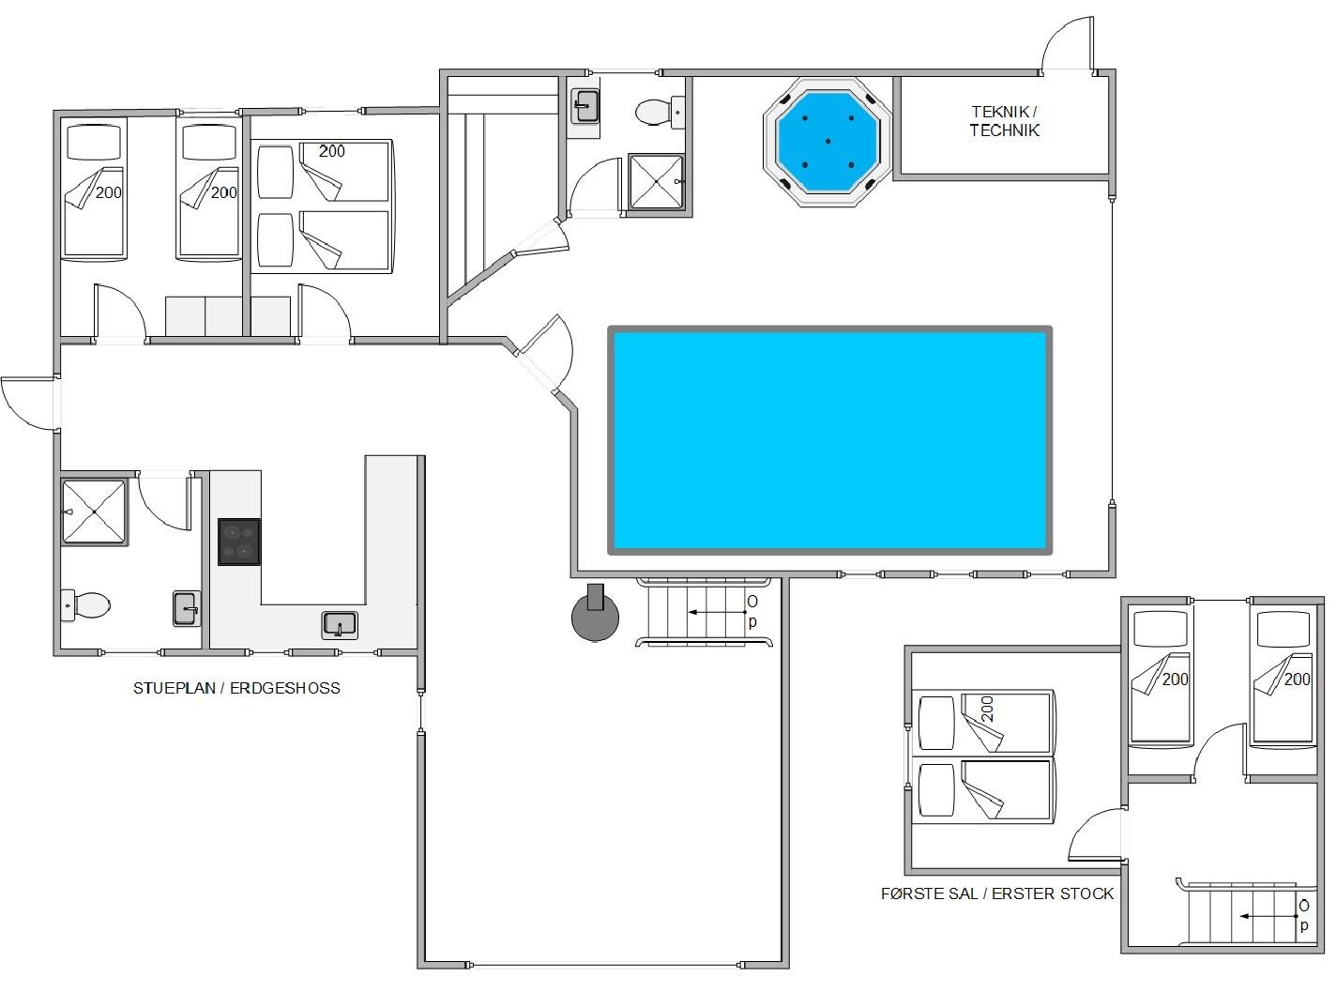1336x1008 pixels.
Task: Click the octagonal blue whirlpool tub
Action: point(827,142)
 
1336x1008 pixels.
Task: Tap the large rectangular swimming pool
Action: point(829,440)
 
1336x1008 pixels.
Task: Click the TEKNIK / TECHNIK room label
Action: point(1004,121)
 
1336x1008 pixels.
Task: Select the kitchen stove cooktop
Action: point(239,542)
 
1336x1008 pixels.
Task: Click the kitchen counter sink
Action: point(340,625)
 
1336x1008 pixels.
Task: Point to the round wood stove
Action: point(595,614)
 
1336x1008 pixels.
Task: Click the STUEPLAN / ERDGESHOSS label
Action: point(236,688)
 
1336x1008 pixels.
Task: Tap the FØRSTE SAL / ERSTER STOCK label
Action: point(997,893)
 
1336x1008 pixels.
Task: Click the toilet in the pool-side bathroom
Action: point(660,112)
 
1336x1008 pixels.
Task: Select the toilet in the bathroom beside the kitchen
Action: point(85,605)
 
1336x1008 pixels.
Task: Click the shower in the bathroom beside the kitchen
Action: point(95,512)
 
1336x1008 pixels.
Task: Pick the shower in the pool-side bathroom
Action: point(656,182)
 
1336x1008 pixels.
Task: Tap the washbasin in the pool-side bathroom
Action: point(584,106)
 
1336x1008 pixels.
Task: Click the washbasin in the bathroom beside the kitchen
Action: point(187,608)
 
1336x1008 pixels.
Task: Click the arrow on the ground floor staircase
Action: point(717,612)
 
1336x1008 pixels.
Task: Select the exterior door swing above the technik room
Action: point(1068,43)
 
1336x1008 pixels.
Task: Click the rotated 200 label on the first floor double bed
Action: point(987,710)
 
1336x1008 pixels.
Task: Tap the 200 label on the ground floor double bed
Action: point(332,151)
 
